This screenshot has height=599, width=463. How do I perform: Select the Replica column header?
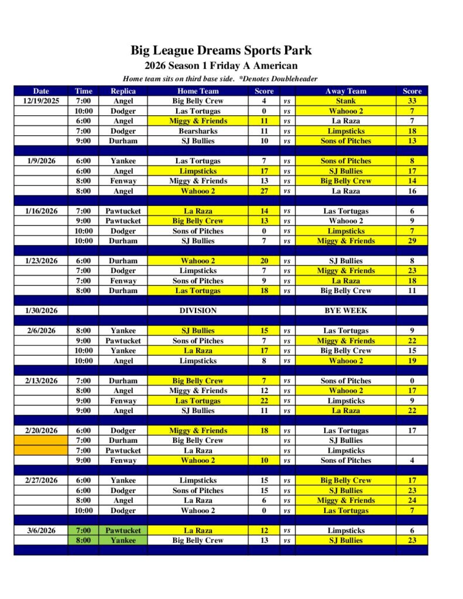pos(123,91)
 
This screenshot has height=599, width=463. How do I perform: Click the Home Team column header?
pos(198,91)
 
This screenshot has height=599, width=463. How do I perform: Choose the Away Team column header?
pos(345,91)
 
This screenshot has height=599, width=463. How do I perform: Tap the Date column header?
pos(41,91)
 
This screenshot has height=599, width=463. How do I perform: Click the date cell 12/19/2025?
pos(41,101)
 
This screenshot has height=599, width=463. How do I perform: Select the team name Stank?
pos(345,101)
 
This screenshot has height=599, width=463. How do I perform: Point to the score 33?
pos(411,101)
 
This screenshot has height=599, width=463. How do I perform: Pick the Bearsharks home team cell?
pos(198,131)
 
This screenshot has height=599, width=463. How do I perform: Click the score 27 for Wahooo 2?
pos(264,191)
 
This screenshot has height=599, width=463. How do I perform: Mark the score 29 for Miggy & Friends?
pos(411,240)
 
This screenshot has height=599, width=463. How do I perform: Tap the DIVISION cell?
pos(198,311)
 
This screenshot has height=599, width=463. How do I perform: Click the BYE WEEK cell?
pos(345,311)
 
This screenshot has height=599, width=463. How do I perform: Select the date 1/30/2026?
pos(41,311)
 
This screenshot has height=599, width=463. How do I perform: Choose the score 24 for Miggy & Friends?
pos(411,500)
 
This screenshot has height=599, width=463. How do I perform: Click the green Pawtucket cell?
pos(123,531)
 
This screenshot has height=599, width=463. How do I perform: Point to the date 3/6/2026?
pos(41,531)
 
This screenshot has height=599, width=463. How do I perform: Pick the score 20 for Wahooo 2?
pos(264,261)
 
